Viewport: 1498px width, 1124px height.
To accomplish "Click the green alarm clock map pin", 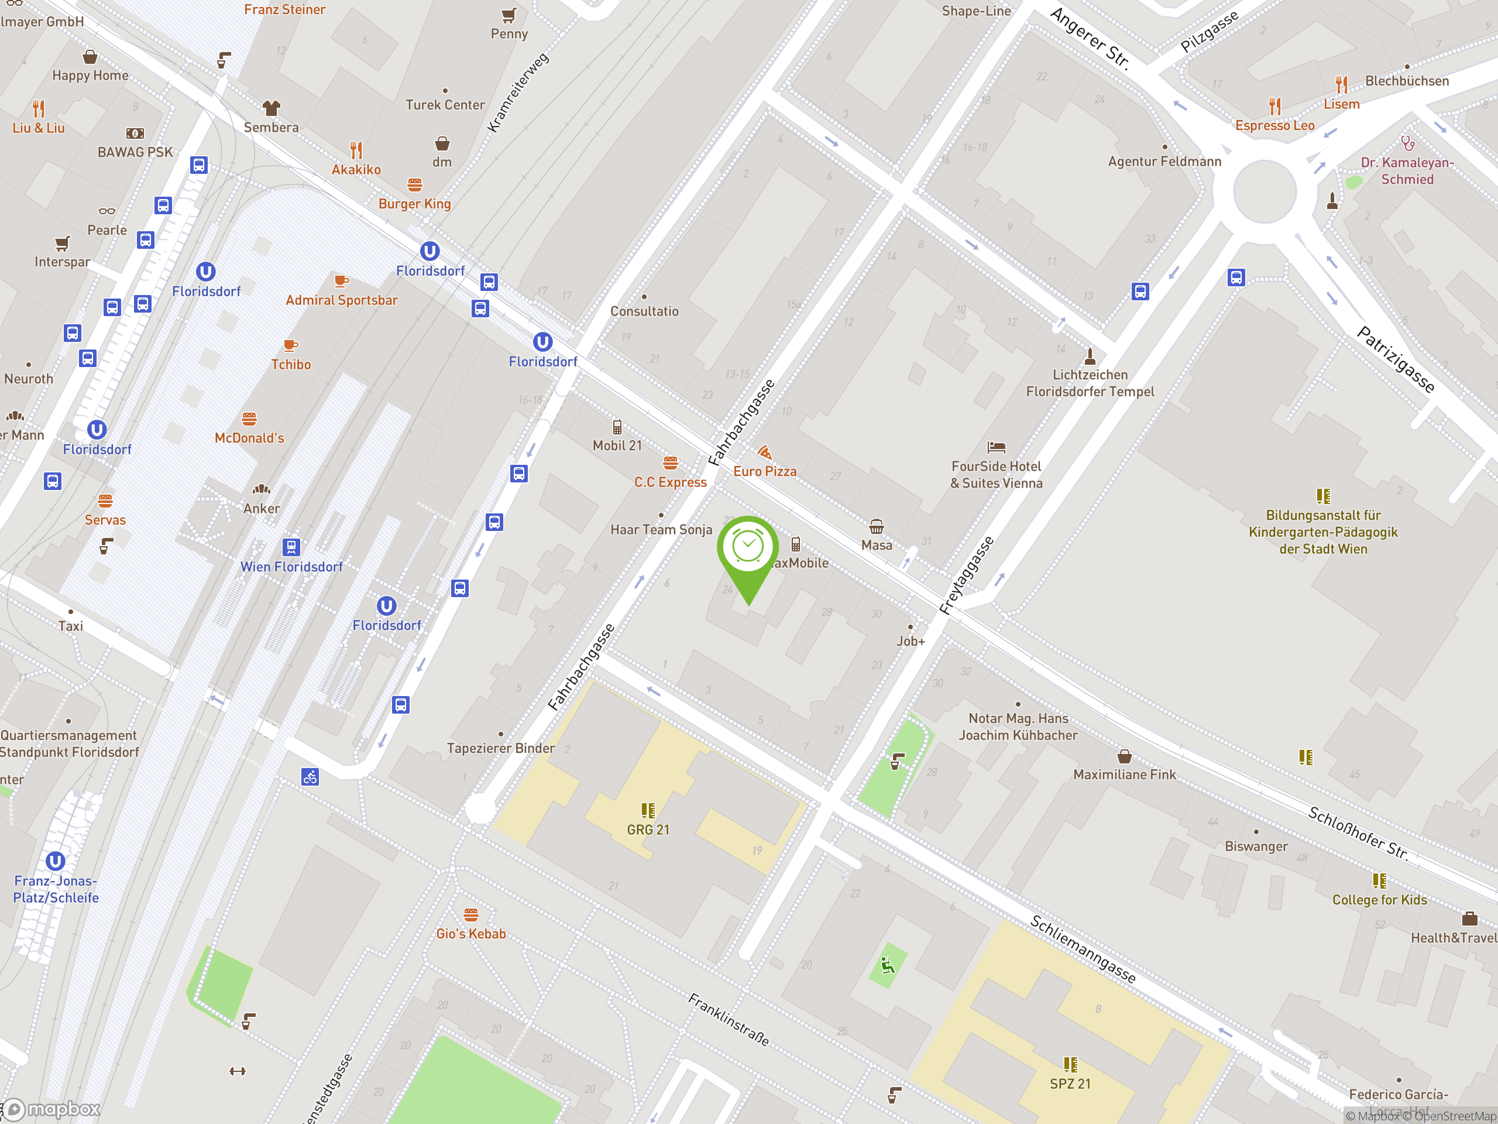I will pos(748,549).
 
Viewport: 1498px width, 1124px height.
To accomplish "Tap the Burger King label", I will pos(414,204).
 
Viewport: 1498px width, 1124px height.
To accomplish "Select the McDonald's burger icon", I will pos(249,419).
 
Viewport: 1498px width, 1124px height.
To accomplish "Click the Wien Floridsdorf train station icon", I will pos(291,547).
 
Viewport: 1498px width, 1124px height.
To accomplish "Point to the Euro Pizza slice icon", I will pos(765,452).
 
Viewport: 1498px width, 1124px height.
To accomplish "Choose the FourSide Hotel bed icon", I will pos(996,447).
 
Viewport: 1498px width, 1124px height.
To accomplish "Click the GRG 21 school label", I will pos(648,830).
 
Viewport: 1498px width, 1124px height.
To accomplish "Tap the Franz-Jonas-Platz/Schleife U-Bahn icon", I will pos(56,861).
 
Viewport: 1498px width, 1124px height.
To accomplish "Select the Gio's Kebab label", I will pos(471,934).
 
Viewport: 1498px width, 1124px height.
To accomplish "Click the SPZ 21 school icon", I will pos(1070,1064).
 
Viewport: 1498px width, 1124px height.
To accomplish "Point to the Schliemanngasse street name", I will pos(1083,948).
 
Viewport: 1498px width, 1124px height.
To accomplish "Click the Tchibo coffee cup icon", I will pos(290,345).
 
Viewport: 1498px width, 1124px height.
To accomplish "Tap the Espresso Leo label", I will pos(1274,126).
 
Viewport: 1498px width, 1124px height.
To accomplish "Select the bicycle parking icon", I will pos(310,777).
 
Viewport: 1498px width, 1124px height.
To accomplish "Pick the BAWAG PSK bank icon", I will pos(135,133).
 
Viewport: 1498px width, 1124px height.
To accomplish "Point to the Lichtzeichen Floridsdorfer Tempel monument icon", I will pos(1090,356).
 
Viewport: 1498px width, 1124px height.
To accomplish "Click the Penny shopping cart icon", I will pos(509,15).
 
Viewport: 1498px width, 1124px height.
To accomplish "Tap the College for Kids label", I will pos(1379,900).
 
